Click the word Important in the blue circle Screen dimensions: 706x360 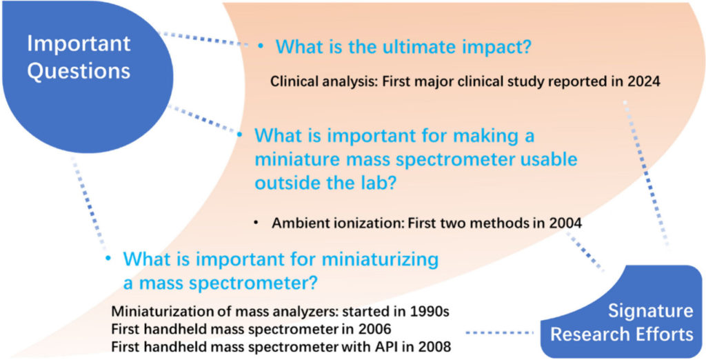click(79, 43)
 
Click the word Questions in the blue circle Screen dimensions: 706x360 click(79, 71)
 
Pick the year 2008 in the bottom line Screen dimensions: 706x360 click(434, 346)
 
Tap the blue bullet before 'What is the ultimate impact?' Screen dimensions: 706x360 click(260, 46)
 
